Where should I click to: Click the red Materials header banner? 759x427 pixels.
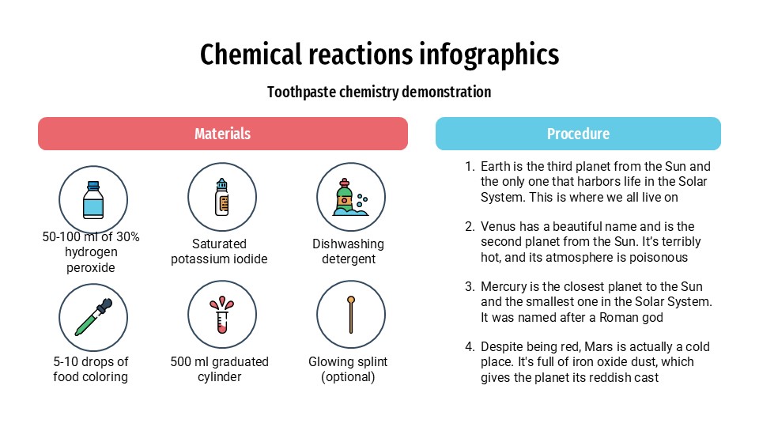click(x=223, y=134)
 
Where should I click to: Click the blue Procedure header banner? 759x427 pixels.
click(x=578, y=134)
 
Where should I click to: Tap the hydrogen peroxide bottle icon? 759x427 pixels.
click(x=93, y=199)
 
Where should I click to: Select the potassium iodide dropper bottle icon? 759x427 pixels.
click(x=222, y=197)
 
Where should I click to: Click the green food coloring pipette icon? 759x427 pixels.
click(x=93, y=316)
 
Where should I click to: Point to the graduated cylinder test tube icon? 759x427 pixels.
click(x=222, y=316)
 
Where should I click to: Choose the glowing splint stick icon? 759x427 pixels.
click(x=350, y=315)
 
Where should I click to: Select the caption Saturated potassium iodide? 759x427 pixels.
click(x=220, y=251)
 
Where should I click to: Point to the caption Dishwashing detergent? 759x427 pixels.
click(x=348, y=251)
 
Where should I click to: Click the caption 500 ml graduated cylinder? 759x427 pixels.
click(x=220, y=369)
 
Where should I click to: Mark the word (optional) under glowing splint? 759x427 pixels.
click(x=348, y=377)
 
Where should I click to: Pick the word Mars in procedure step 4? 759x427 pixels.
click(x=619, y=347)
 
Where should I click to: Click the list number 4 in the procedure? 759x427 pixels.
click(x=469, y=347)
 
